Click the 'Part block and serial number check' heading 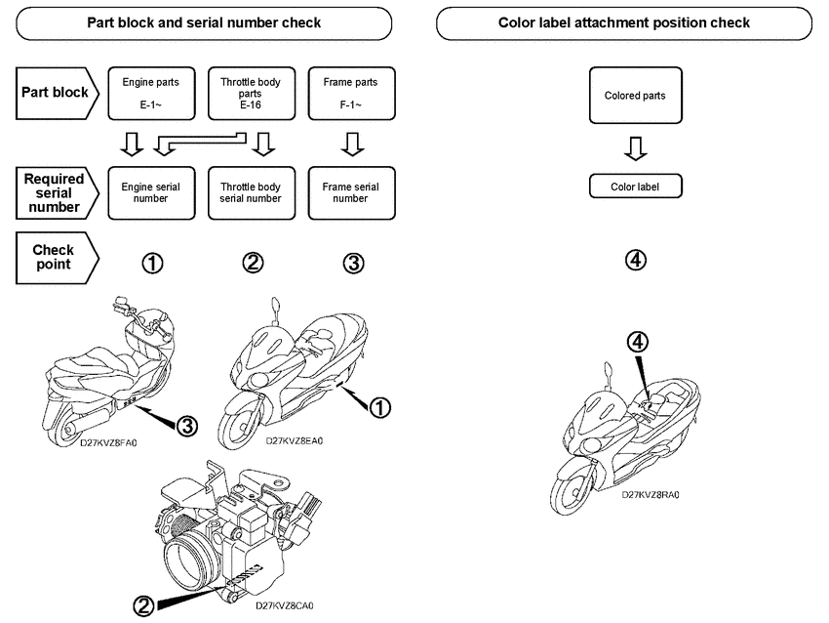[x=204, y=22]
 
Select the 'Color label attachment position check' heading [x=624, y=22]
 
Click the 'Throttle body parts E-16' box [x=250, y=93]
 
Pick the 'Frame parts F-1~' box [x=350, y=93]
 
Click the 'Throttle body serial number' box [x=250, y=191]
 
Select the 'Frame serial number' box [x=350, y=191]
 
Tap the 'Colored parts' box [x=635, y=96]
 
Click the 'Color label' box [x=635, y=186]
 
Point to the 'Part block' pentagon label [x=58, y=93]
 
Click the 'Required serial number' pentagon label [x=56, y=192]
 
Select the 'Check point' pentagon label [x=56, y=257]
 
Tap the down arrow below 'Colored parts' [x=635, y=147]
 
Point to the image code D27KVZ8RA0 [x=651, y=495]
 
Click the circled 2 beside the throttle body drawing [x=143, y=606]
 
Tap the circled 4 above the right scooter [x=636, y=341]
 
